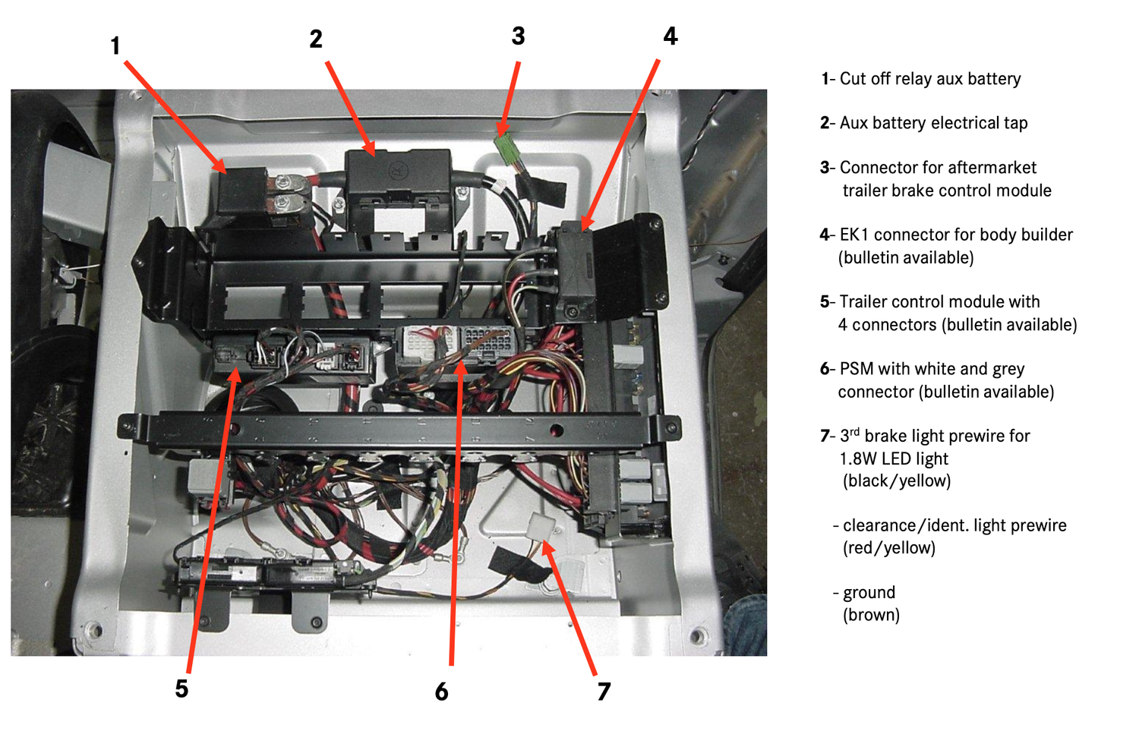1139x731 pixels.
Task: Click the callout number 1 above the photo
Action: click(115, 46)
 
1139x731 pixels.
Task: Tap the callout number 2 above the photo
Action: click(316, 39)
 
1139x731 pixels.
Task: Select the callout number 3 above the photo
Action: click(518, 36)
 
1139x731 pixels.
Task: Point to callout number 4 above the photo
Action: click(670, 36)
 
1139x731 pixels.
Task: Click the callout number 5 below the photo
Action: click(181, 688)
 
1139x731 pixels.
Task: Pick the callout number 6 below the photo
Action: click(441, 692)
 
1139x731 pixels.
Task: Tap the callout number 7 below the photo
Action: click(604, 692)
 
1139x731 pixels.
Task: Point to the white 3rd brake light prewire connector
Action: click(541, 527)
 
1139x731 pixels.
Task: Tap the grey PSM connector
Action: click(487, 343)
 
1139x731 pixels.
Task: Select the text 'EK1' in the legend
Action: click(854, 235)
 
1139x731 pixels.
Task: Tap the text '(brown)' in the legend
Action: click(871, 615)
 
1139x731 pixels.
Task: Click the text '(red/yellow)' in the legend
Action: click(888, 548)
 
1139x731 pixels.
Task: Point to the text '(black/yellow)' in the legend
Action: click(896, 481)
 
